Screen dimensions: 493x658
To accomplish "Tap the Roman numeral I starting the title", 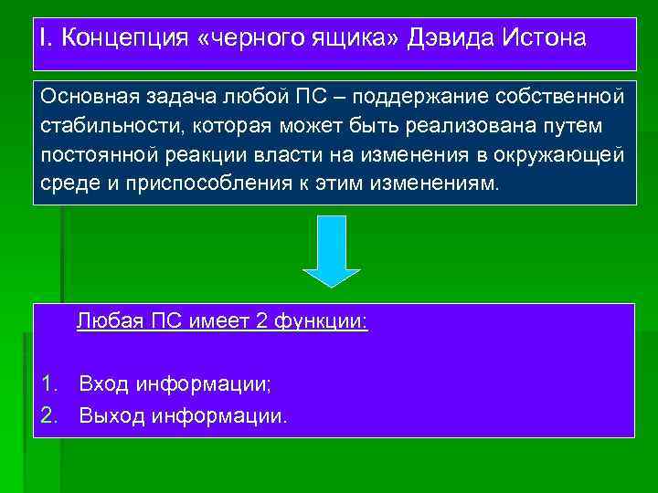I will pos(42,39).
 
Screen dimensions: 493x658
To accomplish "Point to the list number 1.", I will pos(47,383).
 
